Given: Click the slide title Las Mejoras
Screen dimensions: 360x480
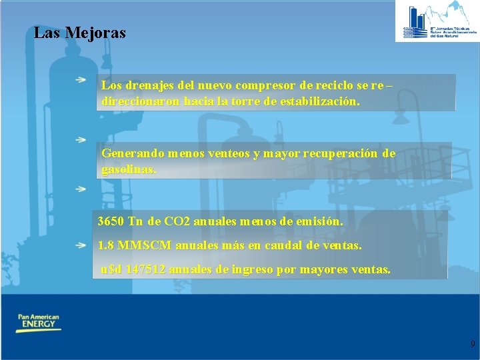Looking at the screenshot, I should click(x=79, y=32).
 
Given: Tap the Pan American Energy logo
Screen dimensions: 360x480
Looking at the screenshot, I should click(x=38, y=323).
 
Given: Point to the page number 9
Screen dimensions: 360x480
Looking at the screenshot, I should click(x=473, y=344).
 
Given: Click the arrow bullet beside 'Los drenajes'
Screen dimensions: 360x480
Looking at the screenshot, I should click(x=81, y=80).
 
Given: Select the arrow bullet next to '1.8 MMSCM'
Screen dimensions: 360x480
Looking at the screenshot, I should click(x=81, y=245).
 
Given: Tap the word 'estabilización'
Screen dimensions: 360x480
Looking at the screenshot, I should click(x=318, y=103).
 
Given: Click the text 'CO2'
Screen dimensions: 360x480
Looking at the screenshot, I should click(x=175, y=221).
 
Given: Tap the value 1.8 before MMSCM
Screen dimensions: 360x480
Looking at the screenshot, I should click(x=105, y=245).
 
